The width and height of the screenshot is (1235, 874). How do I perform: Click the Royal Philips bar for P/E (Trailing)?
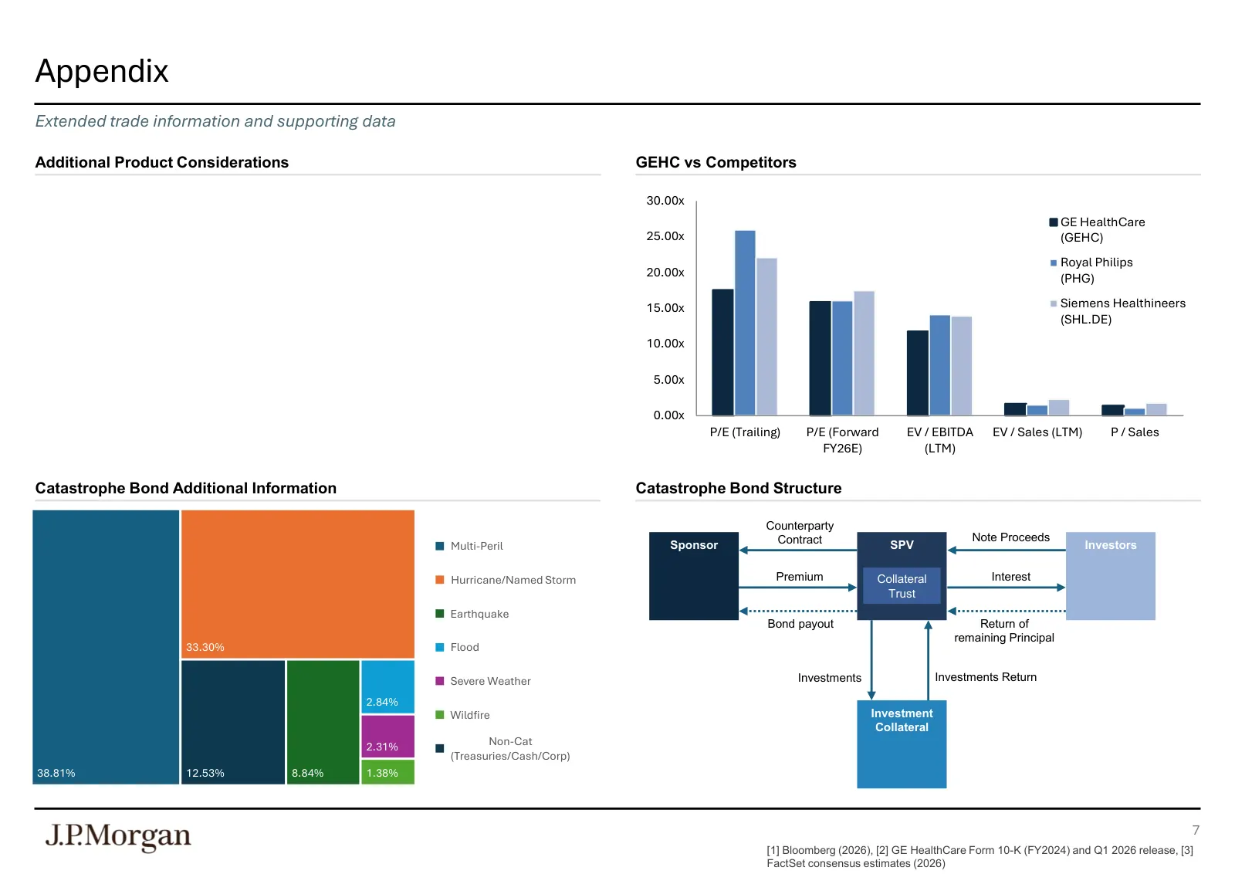click(x=745, y=323)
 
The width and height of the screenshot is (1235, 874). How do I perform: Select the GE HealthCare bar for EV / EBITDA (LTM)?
click(x=918, y=373)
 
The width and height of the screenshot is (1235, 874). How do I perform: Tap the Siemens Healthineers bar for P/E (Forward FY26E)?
click(x=864, y=353)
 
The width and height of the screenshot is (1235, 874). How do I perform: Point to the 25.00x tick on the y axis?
click(x=665, y=236)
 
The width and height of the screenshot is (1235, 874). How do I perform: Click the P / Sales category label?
click(x=1135, y=432)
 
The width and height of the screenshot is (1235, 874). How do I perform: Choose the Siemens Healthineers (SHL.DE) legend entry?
click(x=1118, y=311)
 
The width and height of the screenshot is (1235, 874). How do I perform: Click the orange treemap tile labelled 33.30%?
click(x=298, y=584)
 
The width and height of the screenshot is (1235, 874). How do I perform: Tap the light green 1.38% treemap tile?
click(x=387, y=772)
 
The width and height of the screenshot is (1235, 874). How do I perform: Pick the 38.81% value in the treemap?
click(x=56, y=773)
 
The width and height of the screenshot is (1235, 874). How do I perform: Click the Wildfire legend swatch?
click(x=439, y=715)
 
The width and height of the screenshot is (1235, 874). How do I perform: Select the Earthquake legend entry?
click(x=472, y=614)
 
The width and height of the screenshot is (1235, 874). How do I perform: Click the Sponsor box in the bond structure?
click(x=694, y=576)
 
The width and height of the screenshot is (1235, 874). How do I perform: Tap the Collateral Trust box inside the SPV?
click(x=902, y=585)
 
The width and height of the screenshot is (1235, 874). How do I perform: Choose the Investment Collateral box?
click(x=902, y=744)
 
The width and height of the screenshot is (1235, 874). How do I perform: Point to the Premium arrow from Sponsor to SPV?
click(x=798, y=588)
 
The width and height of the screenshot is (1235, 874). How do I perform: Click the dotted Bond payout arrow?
click(x=798, y=611)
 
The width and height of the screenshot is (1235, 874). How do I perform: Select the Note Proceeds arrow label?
click(x=1010, y=537)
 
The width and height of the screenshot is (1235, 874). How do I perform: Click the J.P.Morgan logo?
click(x=118, y=837)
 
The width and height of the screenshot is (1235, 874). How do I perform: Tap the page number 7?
click(x=1196, y=830)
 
